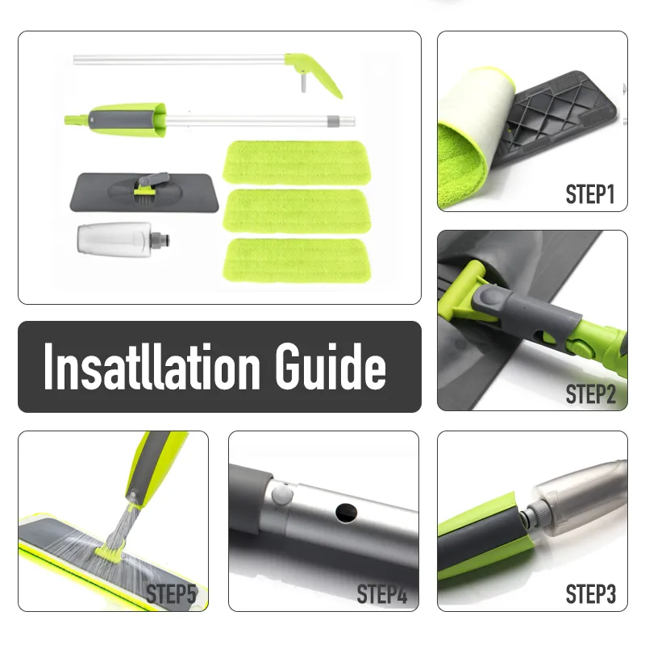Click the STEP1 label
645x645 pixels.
point(590,194)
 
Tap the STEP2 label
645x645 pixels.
point(591,394)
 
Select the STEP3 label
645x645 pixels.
point(591,594)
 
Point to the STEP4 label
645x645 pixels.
point(382,594)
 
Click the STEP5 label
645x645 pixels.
point(172,594)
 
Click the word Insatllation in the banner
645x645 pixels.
point(152,367)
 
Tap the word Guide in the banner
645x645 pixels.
point(331,367)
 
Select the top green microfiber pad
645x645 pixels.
point(297,162)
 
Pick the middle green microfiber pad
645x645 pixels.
point(297,210)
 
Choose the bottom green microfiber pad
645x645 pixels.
point(297,260)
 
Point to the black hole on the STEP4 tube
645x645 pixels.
point(347,513)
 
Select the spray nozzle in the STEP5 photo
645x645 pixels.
point(133,498)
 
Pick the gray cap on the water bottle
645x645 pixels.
point(160,240)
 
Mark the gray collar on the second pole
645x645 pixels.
point(334,121)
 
